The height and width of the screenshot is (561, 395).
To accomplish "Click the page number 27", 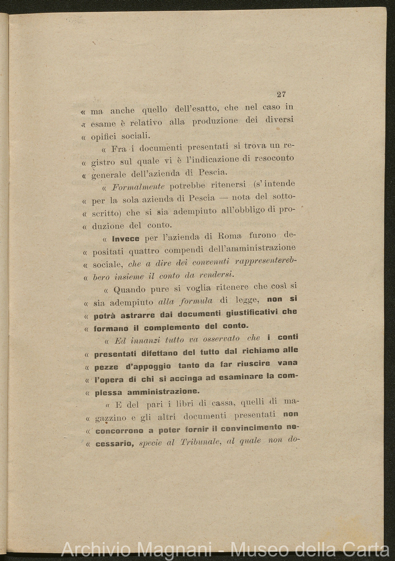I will point(281,94).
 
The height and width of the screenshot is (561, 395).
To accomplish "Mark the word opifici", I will point(105,137).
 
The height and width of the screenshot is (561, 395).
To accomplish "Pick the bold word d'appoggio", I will point(145,366).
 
